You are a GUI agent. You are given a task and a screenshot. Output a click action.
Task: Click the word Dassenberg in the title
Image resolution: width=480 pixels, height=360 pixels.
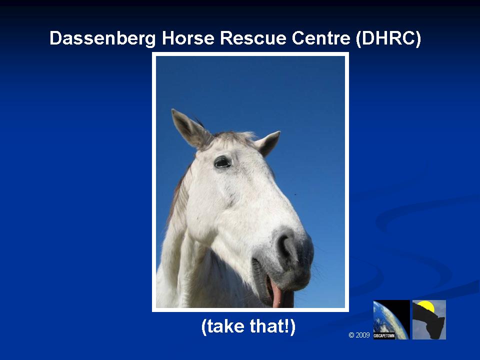tap(102, 38)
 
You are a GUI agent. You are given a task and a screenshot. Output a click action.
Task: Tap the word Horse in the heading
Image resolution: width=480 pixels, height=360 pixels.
tap(187, 38)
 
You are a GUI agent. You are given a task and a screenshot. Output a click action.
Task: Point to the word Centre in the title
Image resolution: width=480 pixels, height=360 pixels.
tap(321, 38)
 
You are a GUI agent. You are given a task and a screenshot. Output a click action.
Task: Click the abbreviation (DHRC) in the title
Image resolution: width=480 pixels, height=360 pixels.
tap(388, 38)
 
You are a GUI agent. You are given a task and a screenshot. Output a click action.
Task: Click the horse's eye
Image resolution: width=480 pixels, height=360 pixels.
tap(222, 162)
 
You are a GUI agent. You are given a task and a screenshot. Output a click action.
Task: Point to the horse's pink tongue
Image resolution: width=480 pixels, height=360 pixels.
tap(276, 294)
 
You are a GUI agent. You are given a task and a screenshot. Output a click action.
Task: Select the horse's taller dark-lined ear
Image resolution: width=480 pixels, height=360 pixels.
tap(190, 129)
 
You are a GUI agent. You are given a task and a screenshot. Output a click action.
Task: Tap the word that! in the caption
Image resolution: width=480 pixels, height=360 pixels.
tap(273, 326)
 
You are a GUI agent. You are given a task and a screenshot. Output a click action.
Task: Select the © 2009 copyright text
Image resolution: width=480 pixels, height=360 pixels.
tap(359, 335)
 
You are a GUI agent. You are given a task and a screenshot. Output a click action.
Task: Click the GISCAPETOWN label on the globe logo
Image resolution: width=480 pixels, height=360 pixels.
tap(384, 336)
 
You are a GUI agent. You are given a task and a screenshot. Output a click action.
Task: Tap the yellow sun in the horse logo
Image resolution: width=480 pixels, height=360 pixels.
tap(426, 306)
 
